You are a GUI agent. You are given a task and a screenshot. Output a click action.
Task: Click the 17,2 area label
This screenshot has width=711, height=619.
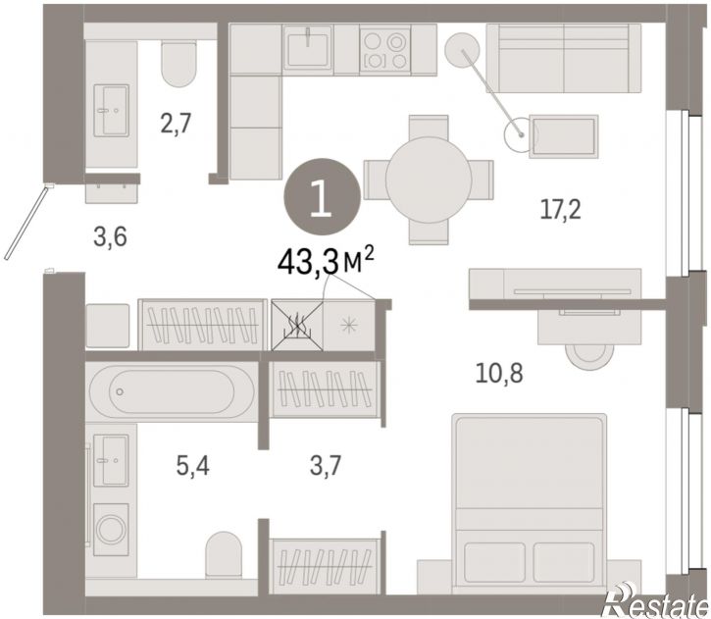(x=560, y=210)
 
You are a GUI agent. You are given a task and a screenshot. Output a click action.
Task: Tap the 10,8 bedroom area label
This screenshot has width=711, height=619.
(x=499, y=374)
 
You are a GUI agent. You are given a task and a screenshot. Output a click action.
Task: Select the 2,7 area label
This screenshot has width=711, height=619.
(x=176, y=124)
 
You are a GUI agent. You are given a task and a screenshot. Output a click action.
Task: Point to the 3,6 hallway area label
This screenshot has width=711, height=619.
(x=110, y=236)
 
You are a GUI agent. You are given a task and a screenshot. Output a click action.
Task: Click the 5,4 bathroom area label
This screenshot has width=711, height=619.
(x=193, y=466)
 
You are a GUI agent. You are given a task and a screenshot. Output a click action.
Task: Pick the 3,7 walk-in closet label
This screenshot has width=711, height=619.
(x=326, y=466)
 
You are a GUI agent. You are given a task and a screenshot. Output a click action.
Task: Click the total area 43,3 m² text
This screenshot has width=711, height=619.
(x=326, y=263)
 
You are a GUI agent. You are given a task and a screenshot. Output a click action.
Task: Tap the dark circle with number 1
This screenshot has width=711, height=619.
(x=323, y=196)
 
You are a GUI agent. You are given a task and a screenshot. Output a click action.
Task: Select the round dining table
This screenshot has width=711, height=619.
(x=429, y=180)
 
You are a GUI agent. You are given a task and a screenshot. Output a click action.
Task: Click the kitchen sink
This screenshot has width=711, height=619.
(x=308, y=49)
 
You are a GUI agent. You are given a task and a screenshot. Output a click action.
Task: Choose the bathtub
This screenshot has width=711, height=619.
(x=173, y=391)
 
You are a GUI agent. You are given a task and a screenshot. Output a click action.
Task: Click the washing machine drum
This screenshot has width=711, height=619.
(x=111, y=529)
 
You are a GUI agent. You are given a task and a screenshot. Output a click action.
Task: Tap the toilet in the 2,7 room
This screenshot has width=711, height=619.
(x=178, y=64)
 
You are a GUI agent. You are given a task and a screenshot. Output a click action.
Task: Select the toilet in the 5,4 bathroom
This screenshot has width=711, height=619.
(x=223, y=555)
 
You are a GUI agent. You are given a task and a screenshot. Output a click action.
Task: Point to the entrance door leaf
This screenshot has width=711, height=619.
(x=25, y=223)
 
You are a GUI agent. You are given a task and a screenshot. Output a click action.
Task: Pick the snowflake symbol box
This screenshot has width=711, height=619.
(x=349, y=325)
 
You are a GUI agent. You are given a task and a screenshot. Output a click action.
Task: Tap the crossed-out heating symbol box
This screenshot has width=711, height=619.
(x=297, y=325)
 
